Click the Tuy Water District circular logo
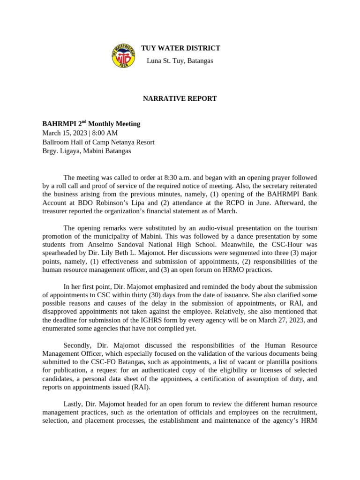[123, 56]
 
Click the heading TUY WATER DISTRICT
[180, 48]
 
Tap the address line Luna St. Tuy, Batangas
[180, 61]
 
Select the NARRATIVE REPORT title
[180, 98]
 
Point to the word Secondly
[78, 345]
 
